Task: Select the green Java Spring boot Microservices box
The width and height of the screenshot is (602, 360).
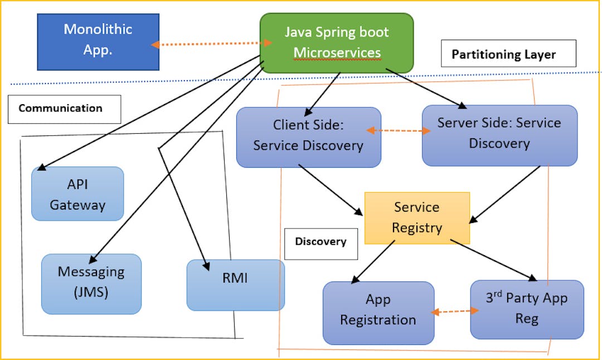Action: [337, 43]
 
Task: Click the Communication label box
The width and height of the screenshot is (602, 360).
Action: [64, 109]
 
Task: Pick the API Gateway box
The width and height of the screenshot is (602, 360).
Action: [77, 194]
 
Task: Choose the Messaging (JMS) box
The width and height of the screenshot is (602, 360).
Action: [91, 284]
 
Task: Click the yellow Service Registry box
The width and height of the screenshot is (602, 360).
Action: [417, 218]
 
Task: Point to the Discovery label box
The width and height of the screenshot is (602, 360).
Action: [321, 242]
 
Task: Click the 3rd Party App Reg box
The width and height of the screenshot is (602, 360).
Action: [526, 309]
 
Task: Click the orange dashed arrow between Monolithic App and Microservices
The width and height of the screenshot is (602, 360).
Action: [211, 43]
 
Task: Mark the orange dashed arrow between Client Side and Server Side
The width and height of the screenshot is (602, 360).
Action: [399, 131]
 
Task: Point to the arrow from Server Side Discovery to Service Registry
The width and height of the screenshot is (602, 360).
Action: [505, 194]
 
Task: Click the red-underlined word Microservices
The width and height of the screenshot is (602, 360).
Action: [337, 53]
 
